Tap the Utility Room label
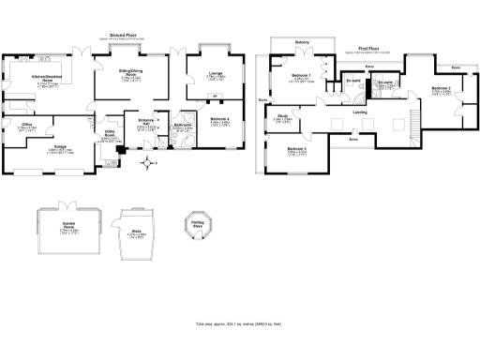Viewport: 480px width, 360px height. coord(110,135)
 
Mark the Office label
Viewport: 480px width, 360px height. coord(28,123)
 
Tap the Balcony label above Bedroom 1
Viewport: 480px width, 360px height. coord(303,42)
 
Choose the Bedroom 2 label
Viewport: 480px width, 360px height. coord(442,87)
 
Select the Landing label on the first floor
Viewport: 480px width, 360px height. coord(360,112)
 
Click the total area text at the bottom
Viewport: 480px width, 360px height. coord(239,322)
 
